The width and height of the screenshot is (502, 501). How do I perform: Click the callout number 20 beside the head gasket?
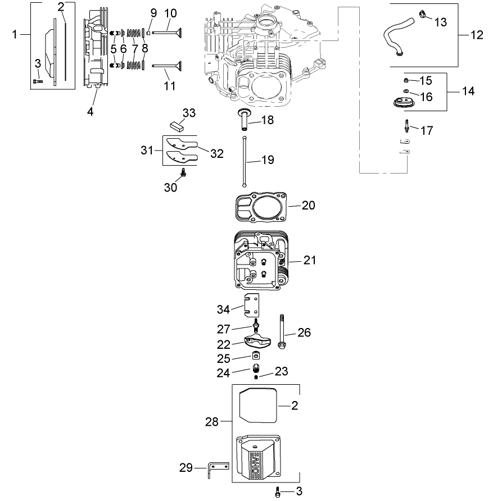[309, 205]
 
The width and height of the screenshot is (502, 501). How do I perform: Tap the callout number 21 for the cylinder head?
[310, 260]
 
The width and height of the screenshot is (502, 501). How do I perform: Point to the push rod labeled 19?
[246, 161]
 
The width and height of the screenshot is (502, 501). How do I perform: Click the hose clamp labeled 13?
[422, 13]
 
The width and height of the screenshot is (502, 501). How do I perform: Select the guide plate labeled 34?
[252, 306]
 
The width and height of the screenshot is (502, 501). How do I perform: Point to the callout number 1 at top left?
[15, 35]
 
